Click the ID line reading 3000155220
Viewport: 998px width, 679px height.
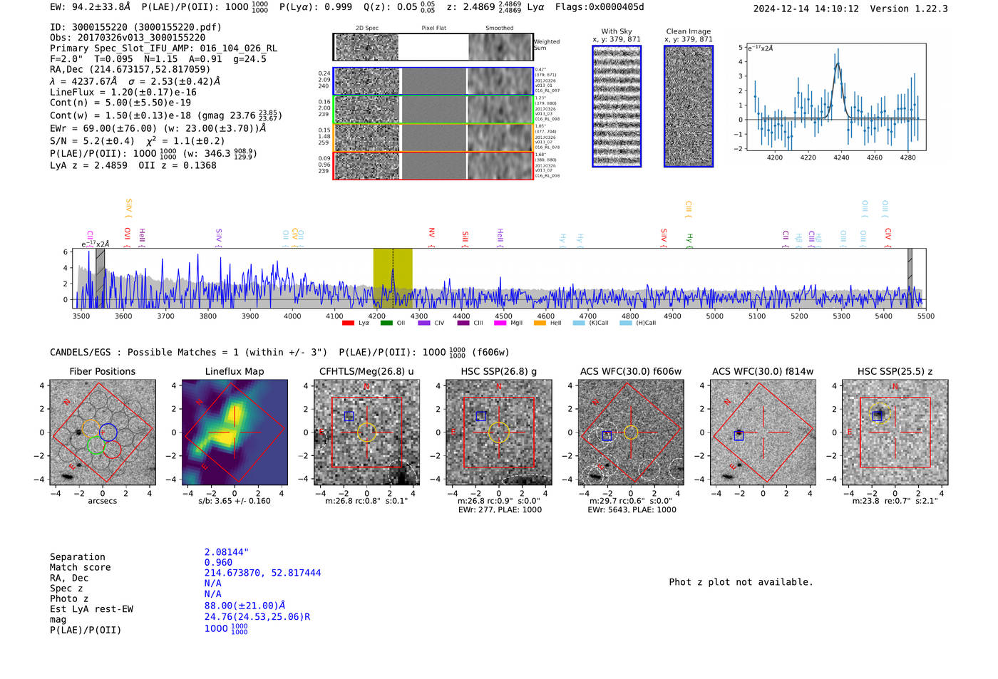tap(135, 27)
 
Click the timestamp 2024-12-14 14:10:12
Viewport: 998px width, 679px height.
tap(806, 9)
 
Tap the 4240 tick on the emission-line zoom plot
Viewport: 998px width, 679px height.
tap(841, 157)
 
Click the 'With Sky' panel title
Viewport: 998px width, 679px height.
tap(616, 31)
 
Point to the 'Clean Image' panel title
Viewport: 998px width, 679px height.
tap(688, 31)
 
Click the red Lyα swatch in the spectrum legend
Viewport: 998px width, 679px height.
tap(348, 323)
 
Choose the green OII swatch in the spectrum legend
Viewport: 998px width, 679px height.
tap(386, 323)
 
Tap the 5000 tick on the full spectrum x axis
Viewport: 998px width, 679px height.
tap(714, 316)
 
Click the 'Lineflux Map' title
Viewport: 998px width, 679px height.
tap(235, 371)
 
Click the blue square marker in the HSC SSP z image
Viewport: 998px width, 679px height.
tap(877, 416)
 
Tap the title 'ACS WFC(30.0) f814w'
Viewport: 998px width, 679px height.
tap(763, 371)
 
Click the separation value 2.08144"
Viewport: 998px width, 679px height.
tap(226, 552)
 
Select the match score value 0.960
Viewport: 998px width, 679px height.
tap(218, 562)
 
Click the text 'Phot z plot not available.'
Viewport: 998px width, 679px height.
tap(741, 582)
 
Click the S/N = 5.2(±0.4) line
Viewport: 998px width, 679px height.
tap(92, 141)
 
